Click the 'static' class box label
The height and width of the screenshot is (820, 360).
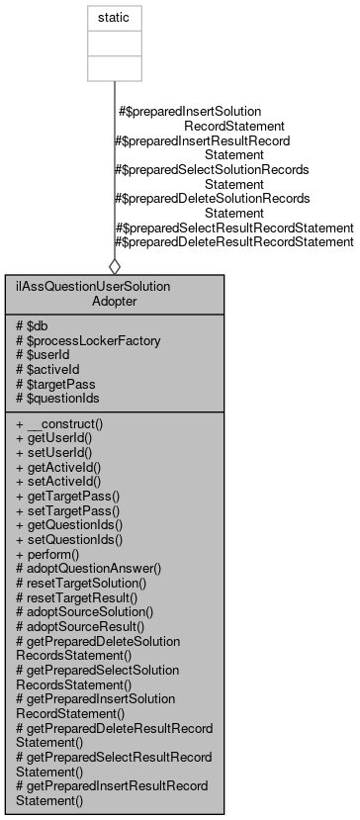point(115,18)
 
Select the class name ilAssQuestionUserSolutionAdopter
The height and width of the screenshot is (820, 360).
point(115,293)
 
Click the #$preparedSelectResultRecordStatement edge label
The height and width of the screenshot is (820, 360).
point(234,227)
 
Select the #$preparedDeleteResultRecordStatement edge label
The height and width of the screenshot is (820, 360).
point(234,240)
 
